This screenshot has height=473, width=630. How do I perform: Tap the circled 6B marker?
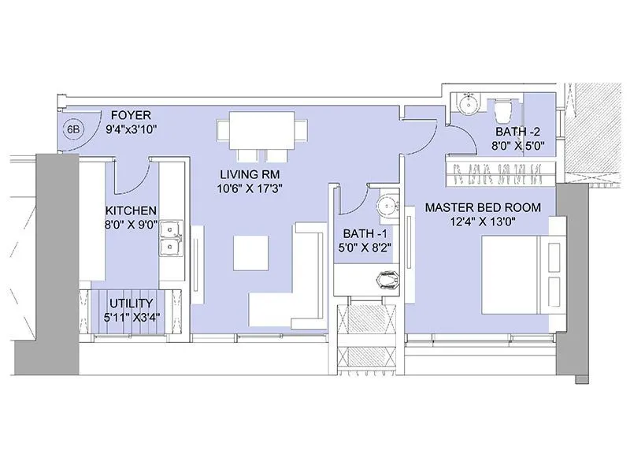73,128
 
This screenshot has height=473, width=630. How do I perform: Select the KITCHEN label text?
131,210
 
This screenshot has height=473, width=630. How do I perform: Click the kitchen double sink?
169,239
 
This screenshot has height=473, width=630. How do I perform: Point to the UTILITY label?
132,304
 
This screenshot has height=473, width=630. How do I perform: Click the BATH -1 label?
365,234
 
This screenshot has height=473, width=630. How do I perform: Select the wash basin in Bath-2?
468,103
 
